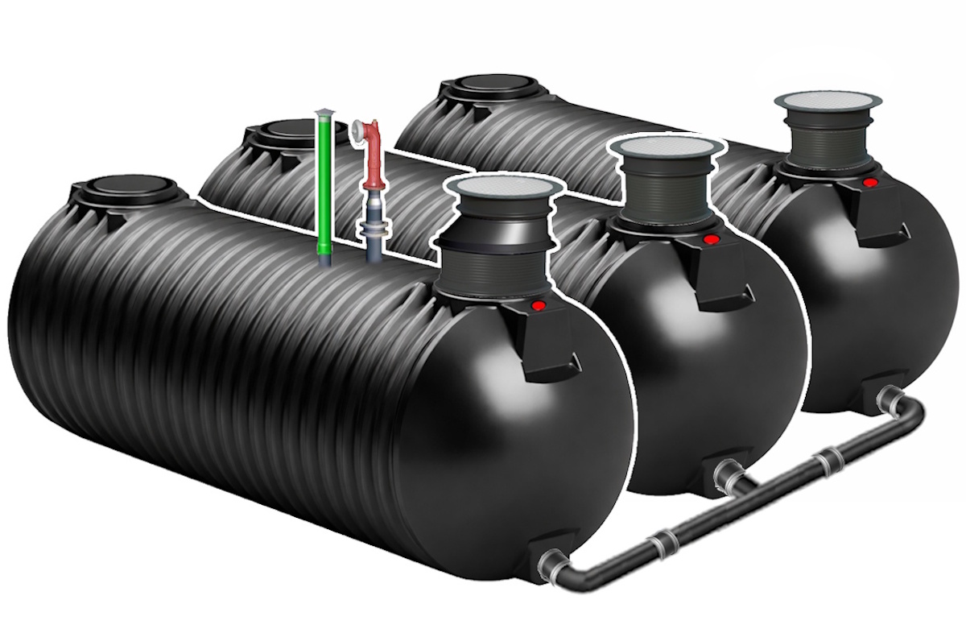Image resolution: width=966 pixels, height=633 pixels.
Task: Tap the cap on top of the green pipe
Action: coord(323,114)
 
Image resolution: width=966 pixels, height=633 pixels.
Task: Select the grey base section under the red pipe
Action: coord(373,234)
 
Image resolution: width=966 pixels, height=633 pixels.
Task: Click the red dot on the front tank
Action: coord(541,305)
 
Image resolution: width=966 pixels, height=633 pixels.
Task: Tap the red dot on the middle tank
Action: coord(711,239)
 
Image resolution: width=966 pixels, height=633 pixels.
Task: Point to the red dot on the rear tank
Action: coord(869,183)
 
